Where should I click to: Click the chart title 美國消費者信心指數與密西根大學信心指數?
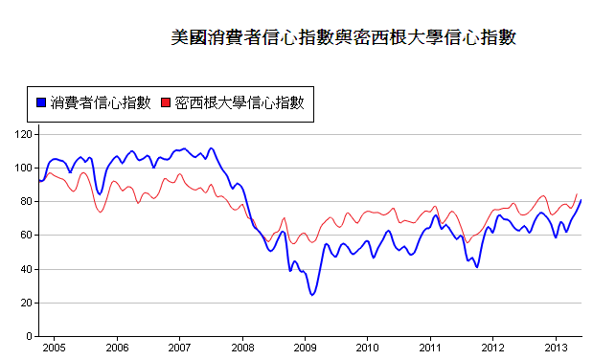point(344,37)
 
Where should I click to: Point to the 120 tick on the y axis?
point(22,134)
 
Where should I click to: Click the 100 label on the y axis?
point(22,168)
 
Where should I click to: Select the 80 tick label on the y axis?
point(25,201)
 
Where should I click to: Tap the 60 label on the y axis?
point(25,235)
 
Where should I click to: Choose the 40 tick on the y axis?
point(25,269)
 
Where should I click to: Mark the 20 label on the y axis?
point(25,303)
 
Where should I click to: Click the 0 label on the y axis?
point(29,336)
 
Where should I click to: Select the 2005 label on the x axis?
point(54,347)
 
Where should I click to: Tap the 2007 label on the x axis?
point(180,347)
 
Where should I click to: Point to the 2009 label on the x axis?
point(305,347)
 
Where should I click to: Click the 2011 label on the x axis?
point(430,347)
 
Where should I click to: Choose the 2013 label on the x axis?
point(556,347)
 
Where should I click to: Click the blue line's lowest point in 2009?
point(311,294)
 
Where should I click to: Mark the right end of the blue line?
point(581,200)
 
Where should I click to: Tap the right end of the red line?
point(577,194)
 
